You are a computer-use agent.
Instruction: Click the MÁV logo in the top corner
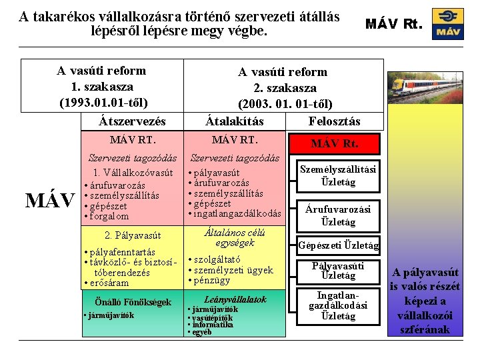coord(447,24)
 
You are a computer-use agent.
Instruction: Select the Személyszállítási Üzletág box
coord(337,175)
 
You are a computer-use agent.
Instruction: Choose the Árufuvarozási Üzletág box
coord(337,215)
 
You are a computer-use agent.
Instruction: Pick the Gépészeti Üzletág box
coord(337,245)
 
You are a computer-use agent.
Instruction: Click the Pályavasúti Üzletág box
coord(337,271)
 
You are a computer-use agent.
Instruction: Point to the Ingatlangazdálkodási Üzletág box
coord(337,305)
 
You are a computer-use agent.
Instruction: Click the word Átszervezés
coord(132,121)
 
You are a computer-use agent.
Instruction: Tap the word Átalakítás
coord(234,121)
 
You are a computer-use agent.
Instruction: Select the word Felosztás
coord(335,121)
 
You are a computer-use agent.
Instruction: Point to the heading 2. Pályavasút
coord(133,235)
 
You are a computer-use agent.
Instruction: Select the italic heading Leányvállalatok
coord(235,299)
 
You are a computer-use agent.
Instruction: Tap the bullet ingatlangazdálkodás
coord(238,213)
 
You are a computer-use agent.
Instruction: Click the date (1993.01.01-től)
coord(103,103)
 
